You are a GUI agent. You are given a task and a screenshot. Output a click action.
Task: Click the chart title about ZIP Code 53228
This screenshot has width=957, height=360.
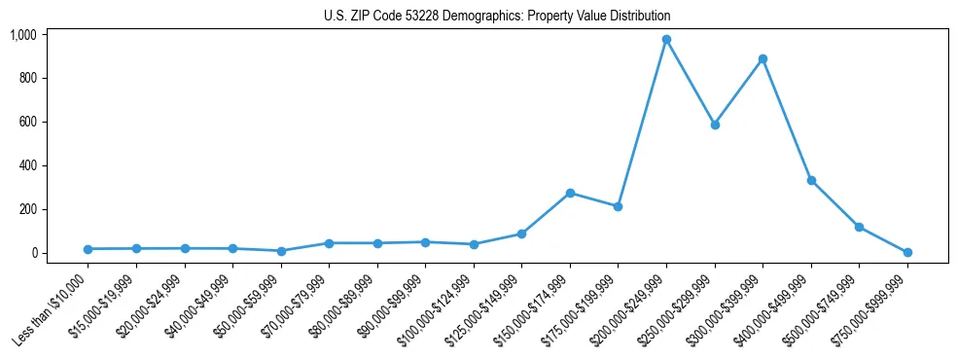point(497,17)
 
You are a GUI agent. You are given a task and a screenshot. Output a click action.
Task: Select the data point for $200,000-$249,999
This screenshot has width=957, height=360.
point(666,40)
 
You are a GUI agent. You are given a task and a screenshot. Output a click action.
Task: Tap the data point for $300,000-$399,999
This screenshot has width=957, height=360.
point(762,58)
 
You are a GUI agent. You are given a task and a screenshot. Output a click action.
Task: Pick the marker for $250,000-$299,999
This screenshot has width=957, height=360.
point(715,125)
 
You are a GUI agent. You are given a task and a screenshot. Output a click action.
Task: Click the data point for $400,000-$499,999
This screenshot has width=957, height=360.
point(811,180)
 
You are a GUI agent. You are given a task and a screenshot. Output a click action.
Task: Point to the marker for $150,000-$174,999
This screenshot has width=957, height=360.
point(570,193)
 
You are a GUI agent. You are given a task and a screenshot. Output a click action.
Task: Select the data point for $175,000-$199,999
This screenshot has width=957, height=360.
point(618,206)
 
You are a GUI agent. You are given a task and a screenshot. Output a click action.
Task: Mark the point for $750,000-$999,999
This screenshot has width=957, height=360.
point(907,252)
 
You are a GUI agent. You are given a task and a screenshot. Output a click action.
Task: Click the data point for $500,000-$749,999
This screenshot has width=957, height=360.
point(859,227)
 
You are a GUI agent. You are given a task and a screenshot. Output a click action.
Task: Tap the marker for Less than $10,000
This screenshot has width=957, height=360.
point(88,249)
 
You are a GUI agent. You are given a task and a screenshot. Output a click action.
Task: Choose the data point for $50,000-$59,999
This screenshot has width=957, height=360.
point(281,251)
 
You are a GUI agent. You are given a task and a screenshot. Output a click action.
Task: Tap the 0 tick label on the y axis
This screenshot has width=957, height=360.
point(34,253)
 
